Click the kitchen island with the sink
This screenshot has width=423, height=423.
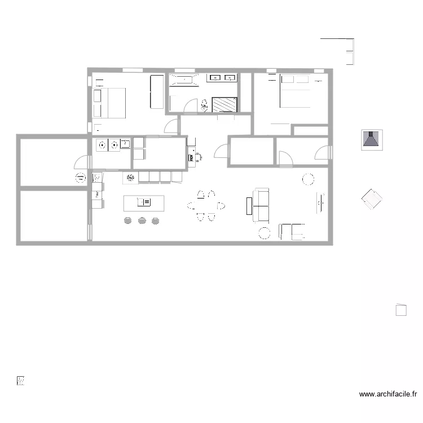(x=144, y=202)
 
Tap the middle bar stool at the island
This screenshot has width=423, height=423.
(x=141, y=221)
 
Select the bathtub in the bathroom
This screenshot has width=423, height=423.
(x=183, y=80)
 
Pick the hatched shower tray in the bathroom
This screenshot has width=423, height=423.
(x=224, y=104)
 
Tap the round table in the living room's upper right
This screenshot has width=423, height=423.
(x=309, y=179)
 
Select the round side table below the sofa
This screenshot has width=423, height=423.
(x=264, y=232)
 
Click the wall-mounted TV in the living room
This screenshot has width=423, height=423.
(x=320, y=201)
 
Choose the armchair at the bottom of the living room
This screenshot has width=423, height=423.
(x=292, y=231)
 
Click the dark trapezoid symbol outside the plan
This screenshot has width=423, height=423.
(x=372, y=139)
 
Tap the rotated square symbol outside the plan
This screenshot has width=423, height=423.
(x=372, y=199)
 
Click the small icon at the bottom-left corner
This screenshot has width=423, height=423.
(x=21, y=381)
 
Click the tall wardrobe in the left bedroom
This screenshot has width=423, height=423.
(x=156, y=92)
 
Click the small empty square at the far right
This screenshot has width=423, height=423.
(x=401, y=310)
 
